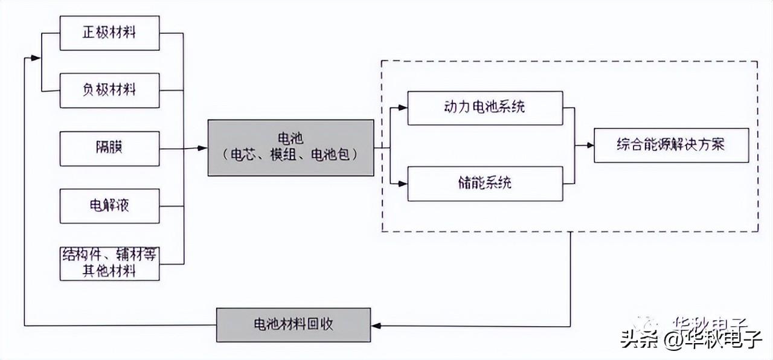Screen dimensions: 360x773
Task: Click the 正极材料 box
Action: (x=110, y=33)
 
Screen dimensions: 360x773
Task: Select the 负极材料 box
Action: (x=110, y=90)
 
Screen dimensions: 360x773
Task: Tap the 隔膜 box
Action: (x=110, y=148)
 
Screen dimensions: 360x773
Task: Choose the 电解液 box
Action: (x=110, y=205)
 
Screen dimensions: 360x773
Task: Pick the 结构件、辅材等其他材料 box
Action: (x=110, y=263)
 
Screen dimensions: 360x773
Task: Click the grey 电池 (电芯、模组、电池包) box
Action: (x=290, y=147)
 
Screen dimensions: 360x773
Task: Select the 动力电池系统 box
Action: (x=485, y=108)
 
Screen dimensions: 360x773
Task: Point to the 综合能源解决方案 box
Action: (x=671, y=145)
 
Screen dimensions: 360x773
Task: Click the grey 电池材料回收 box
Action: (x=293, y=325)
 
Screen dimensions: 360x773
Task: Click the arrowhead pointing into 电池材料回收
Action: (x=376, y=326)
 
